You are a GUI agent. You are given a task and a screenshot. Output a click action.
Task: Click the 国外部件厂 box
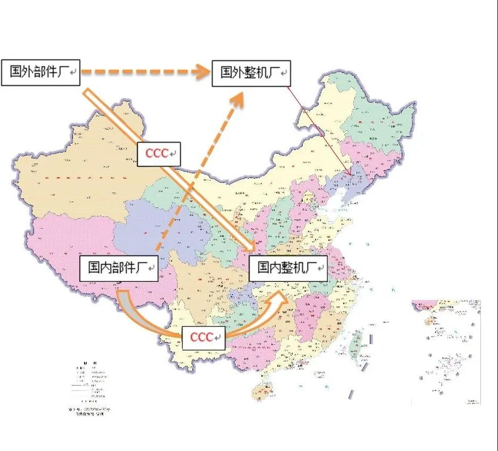pyautogui.click(x=40, y=72)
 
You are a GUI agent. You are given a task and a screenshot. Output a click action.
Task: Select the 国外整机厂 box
pyautogui.click(x=251, y=73)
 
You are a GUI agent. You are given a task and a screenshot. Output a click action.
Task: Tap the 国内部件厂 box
pyautogui.click(x=119, y=268)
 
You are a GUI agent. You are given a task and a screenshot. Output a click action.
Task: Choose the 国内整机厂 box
pyautogui.click(x=288, y=268)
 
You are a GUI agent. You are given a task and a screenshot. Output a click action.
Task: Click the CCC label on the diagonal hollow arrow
pyautogui.click(x=159, y=154)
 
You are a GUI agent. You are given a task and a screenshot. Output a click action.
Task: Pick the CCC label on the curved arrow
pyautogui.click(x=204, y=337)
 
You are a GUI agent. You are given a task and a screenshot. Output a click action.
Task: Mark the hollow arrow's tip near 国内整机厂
pyautogui.click(x=254, y=249)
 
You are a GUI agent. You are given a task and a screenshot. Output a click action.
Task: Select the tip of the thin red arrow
pyautogui.click(x=350, y=174)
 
